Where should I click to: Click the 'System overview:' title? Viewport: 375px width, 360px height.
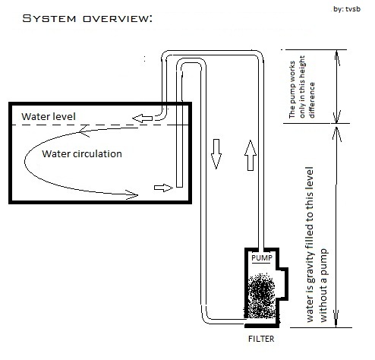(78, 17)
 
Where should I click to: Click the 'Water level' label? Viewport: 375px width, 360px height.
(49, 116)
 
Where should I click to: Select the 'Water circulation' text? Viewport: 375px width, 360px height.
(82, 153)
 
